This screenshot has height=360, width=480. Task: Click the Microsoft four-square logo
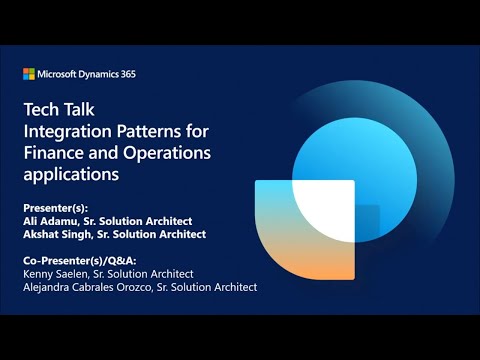coord(29,74)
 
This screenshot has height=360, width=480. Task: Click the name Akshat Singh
coord(59,234)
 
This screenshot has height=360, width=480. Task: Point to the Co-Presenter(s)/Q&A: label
coord(80,260)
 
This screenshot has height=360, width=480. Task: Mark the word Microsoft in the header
coord(59,74)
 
